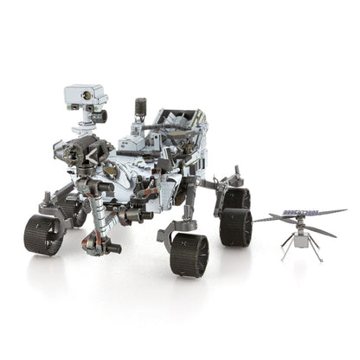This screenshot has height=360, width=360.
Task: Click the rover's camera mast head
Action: point(84,96)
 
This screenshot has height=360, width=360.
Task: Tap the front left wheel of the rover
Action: point(44,234)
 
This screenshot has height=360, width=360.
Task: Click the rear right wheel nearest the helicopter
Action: point(235,226)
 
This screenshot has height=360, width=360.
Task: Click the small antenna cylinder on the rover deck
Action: point(141,109)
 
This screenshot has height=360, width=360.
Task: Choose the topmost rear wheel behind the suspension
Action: point(235,198)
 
